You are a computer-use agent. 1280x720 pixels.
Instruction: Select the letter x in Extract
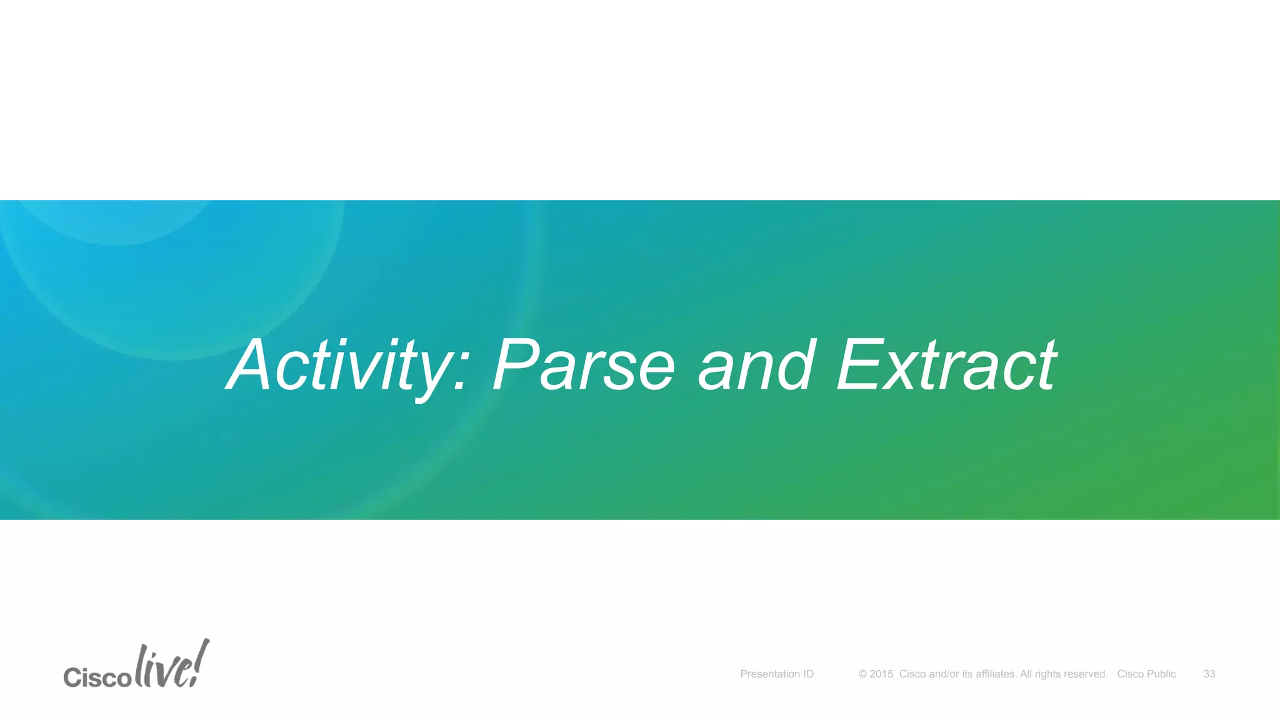pyautogui.click(x=900, y=374)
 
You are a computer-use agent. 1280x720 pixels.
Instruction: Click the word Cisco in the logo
pyautogui.click(x=97, y=677)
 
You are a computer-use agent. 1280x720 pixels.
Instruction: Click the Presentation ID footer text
pyautogui.click(x=777, y=674)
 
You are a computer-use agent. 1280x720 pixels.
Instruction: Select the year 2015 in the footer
pyautogui.click(x=881, y=674)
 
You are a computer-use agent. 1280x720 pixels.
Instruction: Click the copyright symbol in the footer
pyautogui.click(x=862, y=674)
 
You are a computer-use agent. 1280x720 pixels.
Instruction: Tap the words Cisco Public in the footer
pyautogui.click(x=1146, y=674)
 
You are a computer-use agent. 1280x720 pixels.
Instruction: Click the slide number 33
pyautogui.click(x=1209, y=674)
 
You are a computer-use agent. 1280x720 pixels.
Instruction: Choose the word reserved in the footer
pyautogui.click(x=1084, y=674)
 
